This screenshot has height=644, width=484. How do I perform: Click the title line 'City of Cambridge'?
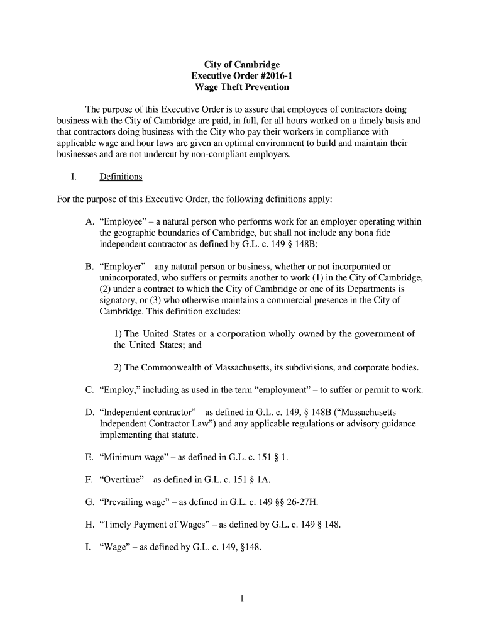tap(241, 65)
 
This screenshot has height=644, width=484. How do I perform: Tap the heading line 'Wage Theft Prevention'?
tap(241, 87)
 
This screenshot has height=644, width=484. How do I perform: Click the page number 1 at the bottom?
tap(241, 599)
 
